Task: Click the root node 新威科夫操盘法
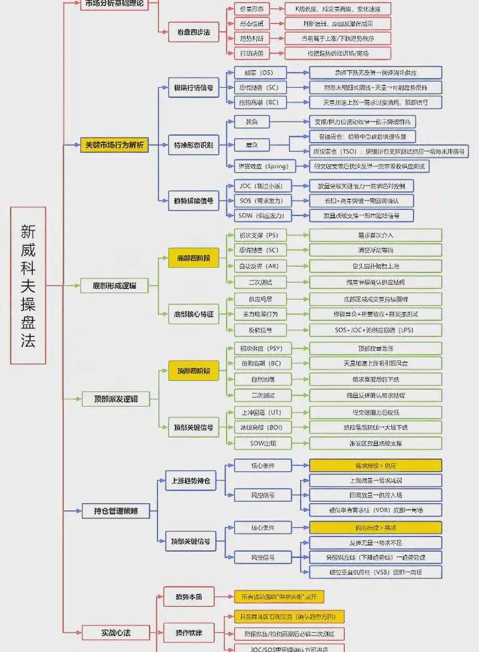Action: (x=28, y=285)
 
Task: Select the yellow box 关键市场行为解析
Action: (x=114, y=145)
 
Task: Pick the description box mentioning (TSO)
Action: (x=379, y=152)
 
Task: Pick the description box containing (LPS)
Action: (x=376, y=330)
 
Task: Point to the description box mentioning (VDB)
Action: (x=376, y=510)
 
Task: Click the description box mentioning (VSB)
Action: (x=376, y=572)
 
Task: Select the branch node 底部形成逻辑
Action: (x=114, y=286)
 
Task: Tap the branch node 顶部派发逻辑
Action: (x=114, y=399)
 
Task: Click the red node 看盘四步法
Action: (x=193, y=31)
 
